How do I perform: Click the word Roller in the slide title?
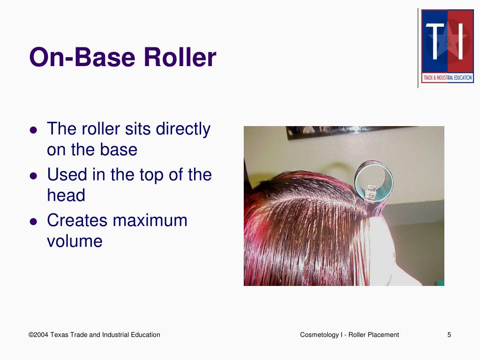click(x=180, y=58)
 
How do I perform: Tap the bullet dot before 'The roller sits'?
click(x=33, y=131)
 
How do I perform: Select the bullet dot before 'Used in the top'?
click(x=33, y=176)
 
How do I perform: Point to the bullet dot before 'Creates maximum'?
click(x=33, y=222)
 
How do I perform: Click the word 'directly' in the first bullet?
click(x=183, y=129)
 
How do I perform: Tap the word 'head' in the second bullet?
click(x=66, y=195)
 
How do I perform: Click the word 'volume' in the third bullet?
click(x=75, y=241)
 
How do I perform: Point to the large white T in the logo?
click(x=435, y=42)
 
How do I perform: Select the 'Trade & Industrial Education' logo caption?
click(x=447, y=78)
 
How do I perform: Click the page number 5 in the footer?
click(x=449, y=335)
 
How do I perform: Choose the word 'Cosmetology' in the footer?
click(x=319, y=335)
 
